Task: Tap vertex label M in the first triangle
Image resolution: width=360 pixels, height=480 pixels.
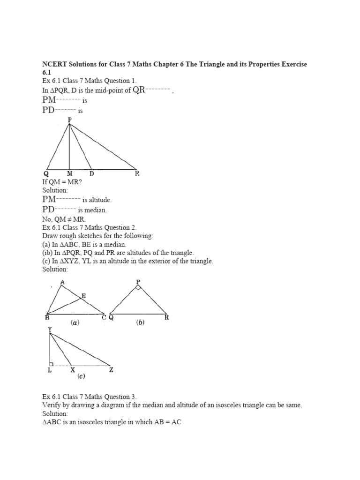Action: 69,173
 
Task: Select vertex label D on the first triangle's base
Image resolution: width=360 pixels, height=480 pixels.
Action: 91,173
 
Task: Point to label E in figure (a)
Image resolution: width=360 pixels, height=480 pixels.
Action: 84,296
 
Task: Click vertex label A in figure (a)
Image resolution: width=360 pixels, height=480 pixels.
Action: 62,282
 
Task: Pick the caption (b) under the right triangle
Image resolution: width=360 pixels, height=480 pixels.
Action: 140,322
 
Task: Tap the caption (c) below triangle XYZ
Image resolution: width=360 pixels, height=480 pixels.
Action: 82,376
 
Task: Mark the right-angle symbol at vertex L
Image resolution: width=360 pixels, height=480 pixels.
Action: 52,363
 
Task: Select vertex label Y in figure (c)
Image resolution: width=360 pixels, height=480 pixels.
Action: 49,330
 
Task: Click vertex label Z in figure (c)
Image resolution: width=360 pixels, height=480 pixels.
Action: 111,370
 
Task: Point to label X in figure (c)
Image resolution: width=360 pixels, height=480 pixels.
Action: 72,370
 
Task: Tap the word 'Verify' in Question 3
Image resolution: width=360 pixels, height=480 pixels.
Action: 52,405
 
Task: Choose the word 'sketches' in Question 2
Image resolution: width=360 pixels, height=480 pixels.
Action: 88,236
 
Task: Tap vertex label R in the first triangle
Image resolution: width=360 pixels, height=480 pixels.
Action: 137,173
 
